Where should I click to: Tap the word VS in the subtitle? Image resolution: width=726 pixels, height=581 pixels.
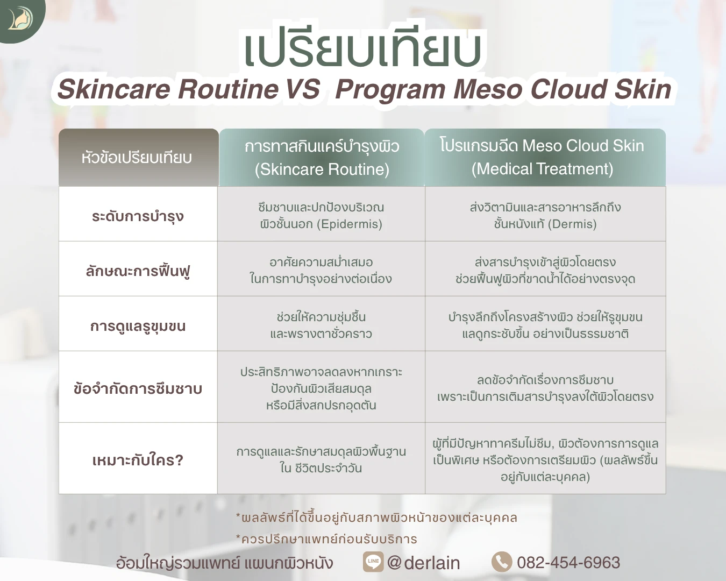[303, 89]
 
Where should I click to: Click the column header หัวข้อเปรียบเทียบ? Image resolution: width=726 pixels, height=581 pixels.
[137, 158]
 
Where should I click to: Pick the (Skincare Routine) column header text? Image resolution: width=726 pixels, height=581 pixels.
[322, 169]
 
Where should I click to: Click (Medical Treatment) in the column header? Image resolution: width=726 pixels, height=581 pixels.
[542, 169]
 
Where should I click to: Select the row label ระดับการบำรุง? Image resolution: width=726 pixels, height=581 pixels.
[138, 216]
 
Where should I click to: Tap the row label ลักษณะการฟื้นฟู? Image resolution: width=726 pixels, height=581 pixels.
[138, 271]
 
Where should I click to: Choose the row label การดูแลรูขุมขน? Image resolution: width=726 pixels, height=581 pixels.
[138, 326]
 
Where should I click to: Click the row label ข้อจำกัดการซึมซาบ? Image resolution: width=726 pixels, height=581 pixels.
[138, 388]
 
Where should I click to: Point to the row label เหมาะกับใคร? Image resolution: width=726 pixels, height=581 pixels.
[138, 460]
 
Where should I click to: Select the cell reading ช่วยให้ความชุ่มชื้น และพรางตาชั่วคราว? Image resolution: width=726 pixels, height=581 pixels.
[321, 325]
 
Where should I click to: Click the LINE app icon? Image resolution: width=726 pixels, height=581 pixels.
[373, 562]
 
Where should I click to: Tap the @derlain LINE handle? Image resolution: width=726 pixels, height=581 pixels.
[423, 563]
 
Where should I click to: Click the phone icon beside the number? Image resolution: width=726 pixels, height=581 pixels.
[502, 562]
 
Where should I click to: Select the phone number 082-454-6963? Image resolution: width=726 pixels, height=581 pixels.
[568, 562]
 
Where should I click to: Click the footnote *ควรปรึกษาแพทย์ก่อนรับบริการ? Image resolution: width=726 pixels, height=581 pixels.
[326, 539]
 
